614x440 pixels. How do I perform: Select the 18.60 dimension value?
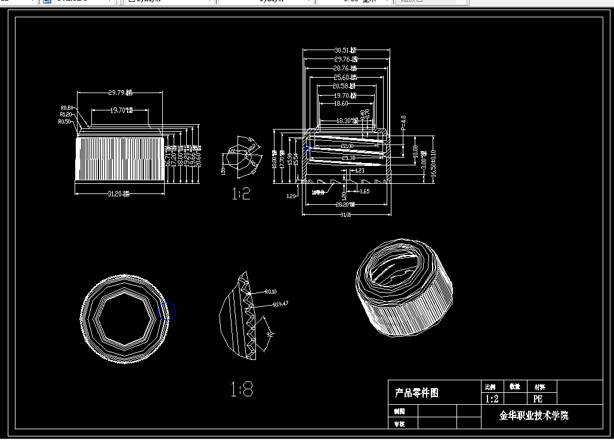(341, 103)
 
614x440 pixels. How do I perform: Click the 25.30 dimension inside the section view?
(347, 158)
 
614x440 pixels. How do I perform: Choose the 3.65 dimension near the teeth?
(364, 192)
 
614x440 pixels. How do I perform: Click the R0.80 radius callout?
(66, 107)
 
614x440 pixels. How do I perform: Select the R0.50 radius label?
(64, 121)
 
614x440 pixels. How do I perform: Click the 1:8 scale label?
(242, 390)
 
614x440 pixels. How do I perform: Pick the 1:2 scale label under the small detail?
(241, 193)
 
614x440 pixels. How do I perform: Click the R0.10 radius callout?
(271, 292)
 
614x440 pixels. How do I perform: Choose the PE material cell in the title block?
(538, 399)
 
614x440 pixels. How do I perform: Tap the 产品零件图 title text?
(416, 393)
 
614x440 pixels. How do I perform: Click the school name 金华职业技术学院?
(533, 416)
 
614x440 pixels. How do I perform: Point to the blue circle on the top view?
(167, 310)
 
